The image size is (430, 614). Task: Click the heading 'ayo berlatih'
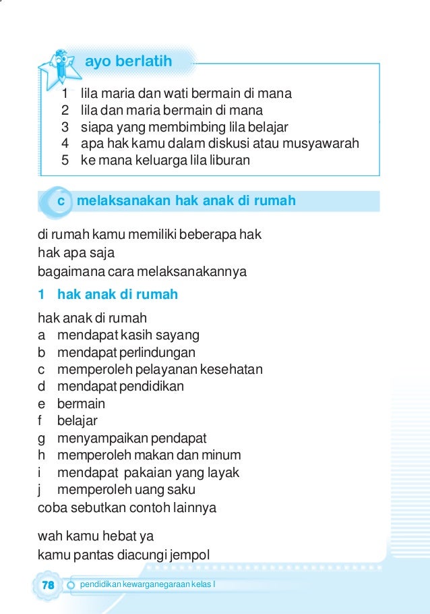click(128, 62)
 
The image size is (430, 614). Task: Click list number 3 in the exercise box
click(65, 127)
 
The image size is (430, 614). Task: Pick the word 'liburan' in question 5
click(227, 161)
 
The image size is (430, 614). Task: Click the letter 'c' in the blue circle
click(60, 201)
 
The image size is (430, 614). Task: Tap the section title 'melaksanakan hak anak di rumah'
click(186, 201)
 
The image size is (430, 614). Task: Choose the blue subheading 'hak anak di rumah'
click(117, 294)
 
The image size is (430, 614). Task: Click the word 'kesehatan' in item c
click(233, 369)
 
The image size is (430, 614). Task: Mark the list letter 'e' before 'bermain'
click(42, 404)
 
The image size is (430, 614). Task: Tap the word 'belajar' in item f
click(78, 421)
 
